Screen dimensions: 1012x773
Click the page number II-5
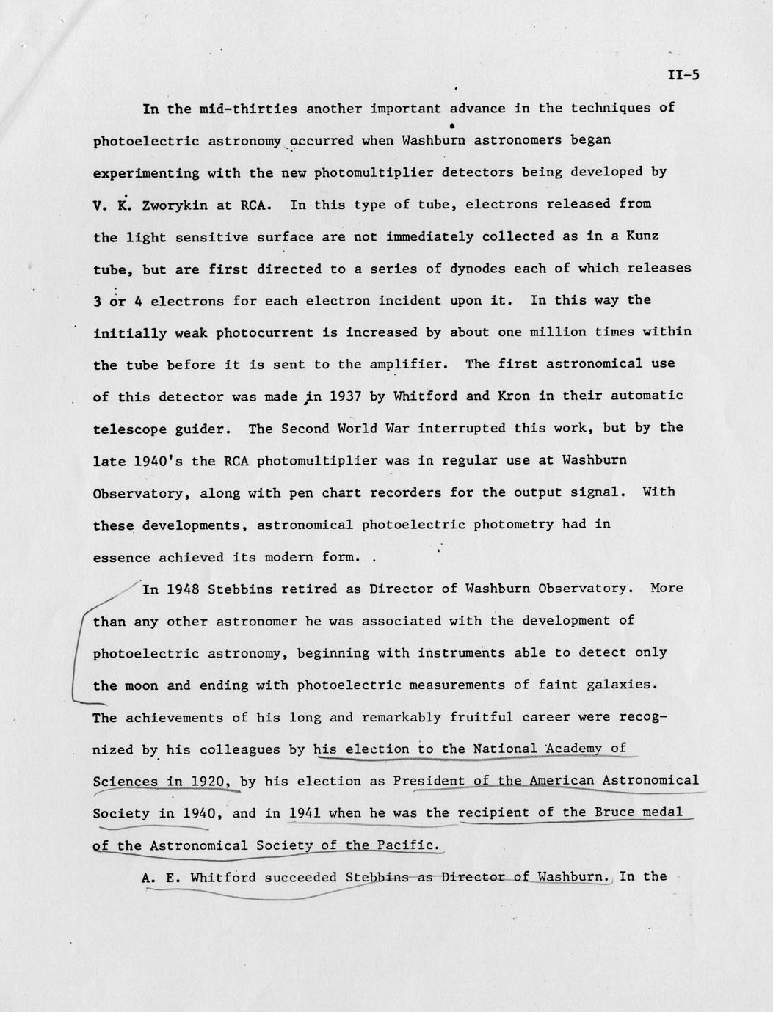click(x=683, y=74)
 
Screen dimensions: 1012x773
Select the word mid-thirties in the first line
click(x=248, y=109)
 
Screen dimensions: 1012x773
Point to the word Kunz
click(x=643, y=236)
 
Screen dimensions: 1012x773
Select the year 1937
click(x=344, y=396)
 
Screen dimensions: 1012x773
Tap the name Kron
click(x=518, y=396)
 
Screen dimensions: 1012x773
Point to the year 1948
click(x=183, y=589)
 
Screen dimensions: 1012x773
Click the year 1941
click(x=305, y=813)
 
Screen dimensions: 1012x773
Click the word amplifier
click(x=412, y=364)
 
